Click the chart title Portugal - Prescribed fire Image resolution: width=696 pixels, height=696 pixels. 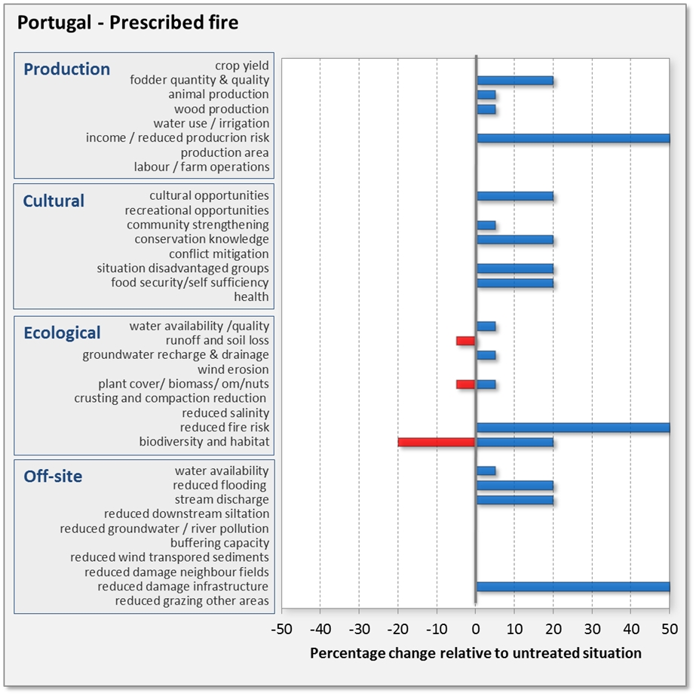pyautogui.click(x=127, y=23)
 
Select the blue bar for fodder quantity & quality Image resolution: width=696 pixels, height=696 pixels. pyautogui.click(x=515, y=81)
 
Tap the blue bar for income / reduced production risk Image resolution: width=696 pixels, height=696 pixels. pyautogui.click(x=573, y=138)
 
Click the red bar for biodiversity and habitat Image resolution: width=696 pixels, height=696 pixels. pyautogui.click(x=437, y=442)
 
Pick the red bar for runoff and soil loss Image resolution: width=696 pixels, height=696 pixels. pyautogui.click(x=466, y=341)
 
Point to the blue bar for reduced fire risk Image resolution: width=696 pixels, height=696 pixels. pyautogui.click(x=573, y=428)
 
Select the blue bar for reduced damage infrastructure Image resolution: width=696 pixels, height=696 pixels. pyautogui.click(x=573, y=587)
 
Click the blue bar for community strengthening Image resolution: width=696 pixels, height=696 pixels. pyautogui.click(x=486, y=225)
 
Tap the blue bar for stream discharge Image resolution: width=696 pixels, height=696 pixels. pyautogui.click(x=515, y=500)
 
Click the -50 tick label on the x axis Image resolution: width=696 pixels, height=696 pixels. pyautogui.click(x=281, y=628)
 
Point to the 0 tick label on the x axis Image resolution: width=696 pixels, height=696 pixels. pyautogui.click(x=476, y=628)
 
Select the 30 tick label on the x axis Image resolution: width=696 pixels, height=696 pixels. pyautogui.click(x=593, y=628)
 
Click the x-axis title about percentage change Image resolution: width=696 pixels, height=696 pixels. pyautogui.click(x=476, y=653)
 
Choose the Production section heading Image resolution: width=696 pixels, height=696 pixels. pyautogui.click(x=67, y=69)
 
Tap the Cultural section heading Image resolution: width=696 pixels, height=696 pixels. pyautogui.click(x=54, y=201)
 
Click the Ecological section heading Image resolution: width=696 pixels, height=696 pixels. pyautogui.click(x=62, y=333)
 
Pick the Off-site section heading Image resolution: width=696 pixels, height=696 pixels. pyautogui.click(x=53, y=477)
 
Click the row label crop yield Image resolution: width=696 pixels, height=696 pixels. pyautogui.click(x=242, y=66)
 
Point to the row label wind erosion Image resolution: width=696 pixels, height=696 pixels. pyautogui.click(x=233, y=369)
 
